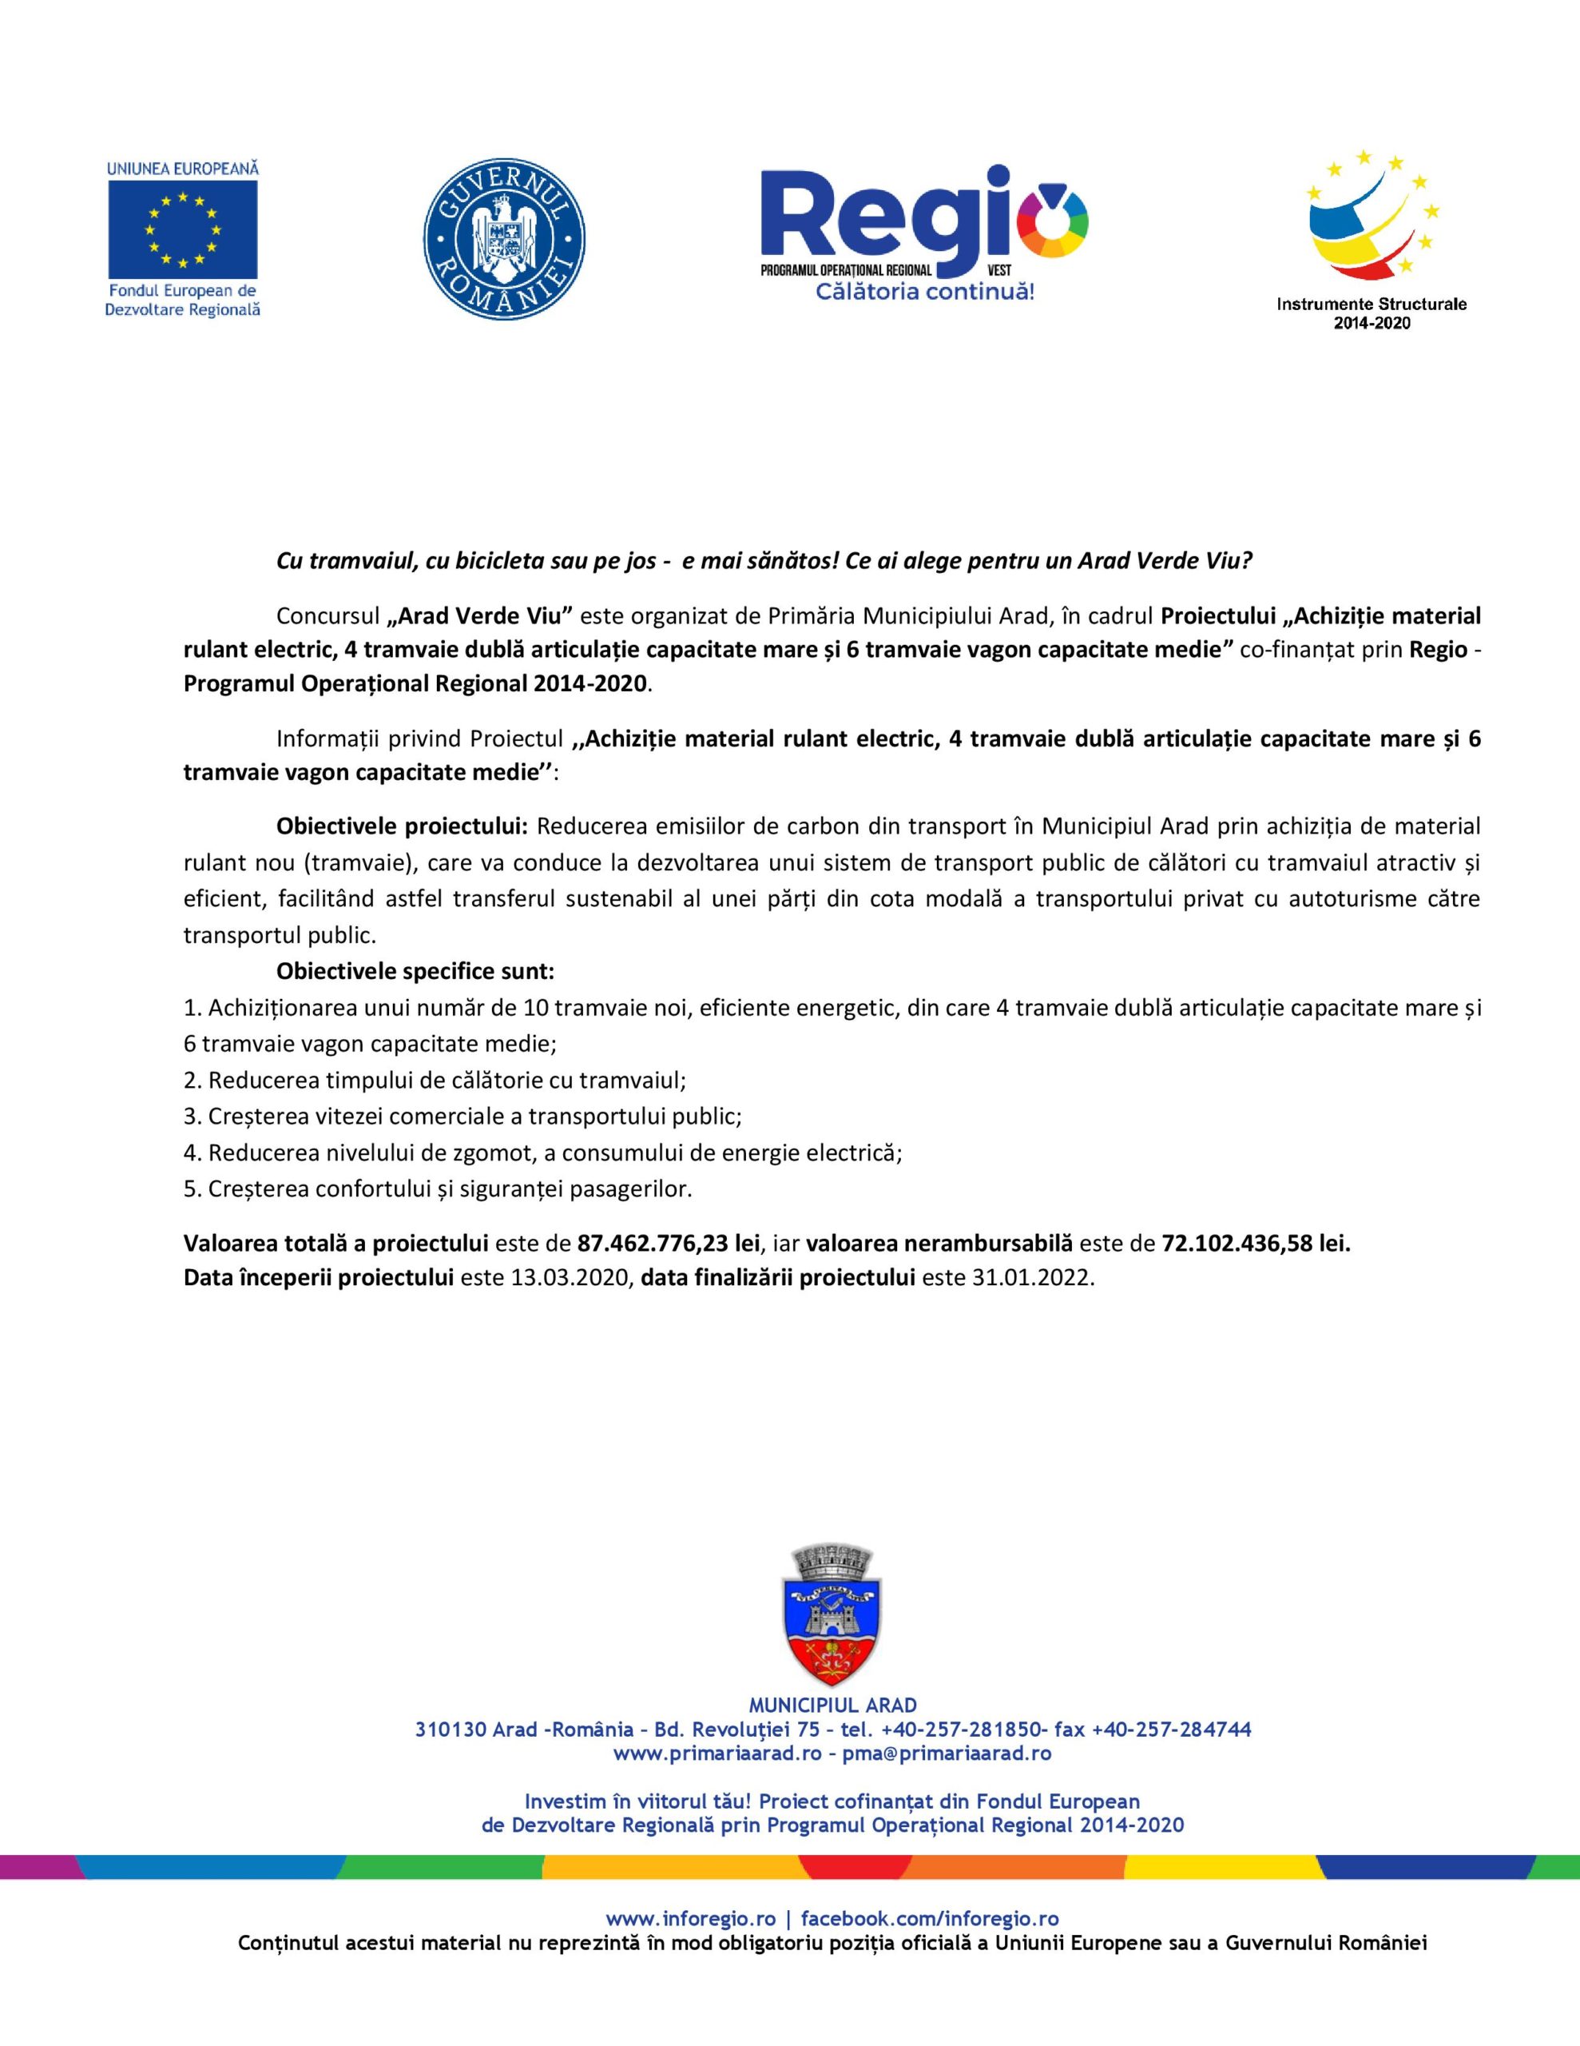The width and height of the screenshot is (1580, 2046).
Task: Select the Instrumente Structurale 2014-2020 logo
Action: [1372, 239]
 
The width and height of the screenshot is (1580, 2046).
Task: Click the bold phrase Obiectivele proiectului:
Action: [403, 826]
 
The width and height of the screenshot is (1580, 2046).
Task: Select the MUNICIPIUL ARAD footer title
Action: [832, 1705]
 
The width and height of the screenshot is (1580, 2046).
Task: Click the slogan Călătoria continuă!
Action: [924, 293]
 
